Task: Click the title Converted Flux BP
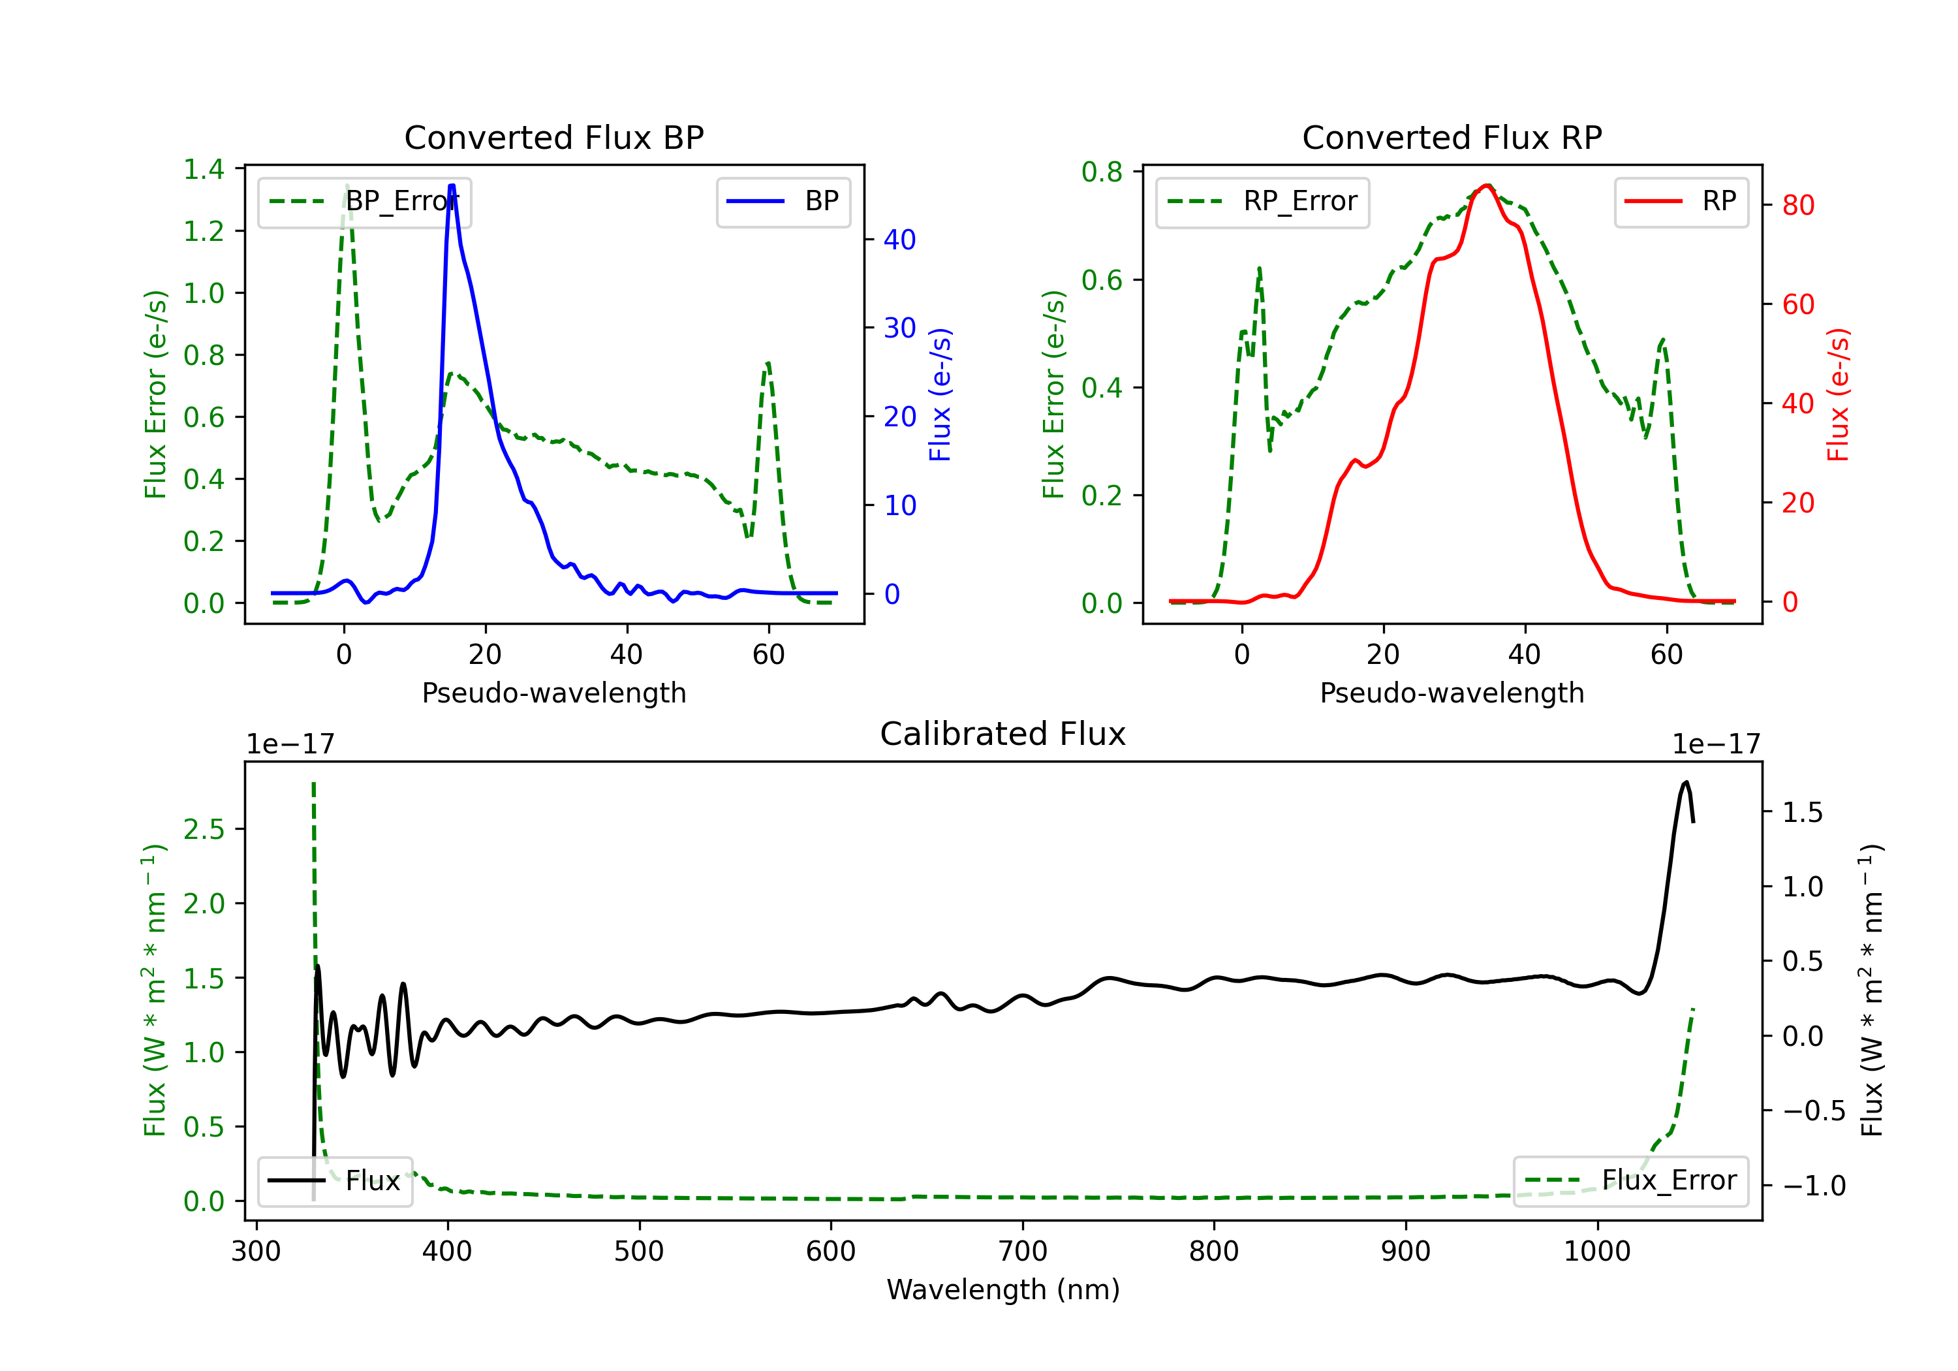[554, 137]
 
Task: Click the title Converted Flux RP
[1452, 137]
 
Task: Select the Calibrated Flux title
[1003, 734]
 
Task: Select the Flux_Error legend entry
[1630, 1181]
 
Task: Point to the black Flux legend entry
[335, 1181]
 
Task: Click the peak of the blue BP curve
[452, 185]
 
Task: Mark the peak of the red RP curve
[1486, 185]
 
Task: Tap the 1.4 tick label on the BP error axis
[204, 170]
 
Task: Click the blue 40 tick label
[899, 240]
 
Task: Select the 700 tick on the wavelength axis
[1023, 1252]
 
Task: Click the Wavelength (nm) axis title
[1003, 1290]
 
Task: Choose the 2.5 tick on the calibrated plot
[204, 829]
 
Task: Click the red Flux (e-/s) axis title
[1839, 395]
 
